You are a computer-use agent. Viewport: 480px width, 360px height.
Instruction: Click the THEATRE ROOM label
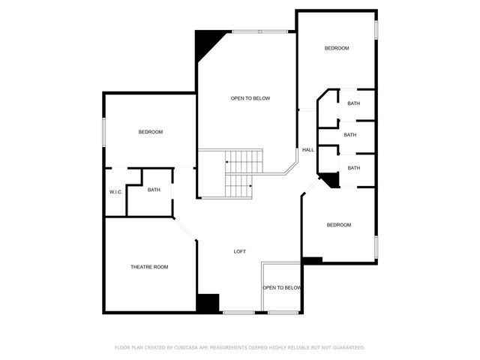[x=149, y=267]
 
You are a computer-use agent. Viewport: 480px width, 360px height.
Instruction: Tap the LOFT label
[x=239, y=251]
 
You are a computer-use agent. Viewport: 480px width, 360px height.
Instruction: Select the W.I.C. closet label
[x=115, y=192]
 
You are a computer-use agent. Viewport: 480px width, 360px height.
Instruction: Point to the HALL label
[x=307, y=150]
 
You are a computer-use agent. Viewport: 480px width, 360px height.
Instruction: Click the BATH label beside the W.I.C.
[x=154, y=190]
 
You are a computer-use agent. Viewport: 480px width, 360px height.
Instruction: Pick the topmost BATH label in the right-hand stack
[x=353, y=103]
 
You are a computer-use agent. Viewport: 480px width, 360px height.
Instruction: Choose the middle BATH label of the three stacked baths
[x=350, y=135]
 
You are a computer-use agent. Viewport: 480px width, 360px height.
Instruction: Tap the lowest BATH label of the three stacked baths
[x=353, y=168]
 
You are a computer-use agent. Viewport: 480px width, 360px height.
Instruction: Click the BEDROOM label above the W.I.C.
[x=150, y=132]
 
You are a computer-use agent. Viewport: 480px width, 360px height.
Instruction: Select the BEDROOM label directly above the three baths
[x=337, y=48]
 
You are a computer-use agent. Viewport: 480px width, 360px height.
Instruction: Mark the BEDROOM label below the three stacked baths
[x=338, y=225]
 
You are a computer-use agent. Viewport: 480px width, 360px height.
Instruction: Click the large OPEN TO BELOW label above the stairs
[x=250, y=98]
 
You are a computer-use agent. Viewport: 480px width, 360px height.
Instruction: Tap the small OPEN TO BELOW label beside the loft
[x=282, y=288]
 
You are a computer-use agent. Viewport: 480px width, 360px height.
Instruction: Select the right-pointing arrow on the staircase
[x=249, y=187]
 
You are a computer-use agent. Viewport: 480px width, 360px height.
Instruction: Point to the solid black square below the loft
[x=207, y=302]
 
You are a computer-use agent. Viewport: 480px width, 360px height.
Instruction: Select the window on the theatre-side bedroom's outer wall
[x=104, y=133]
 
